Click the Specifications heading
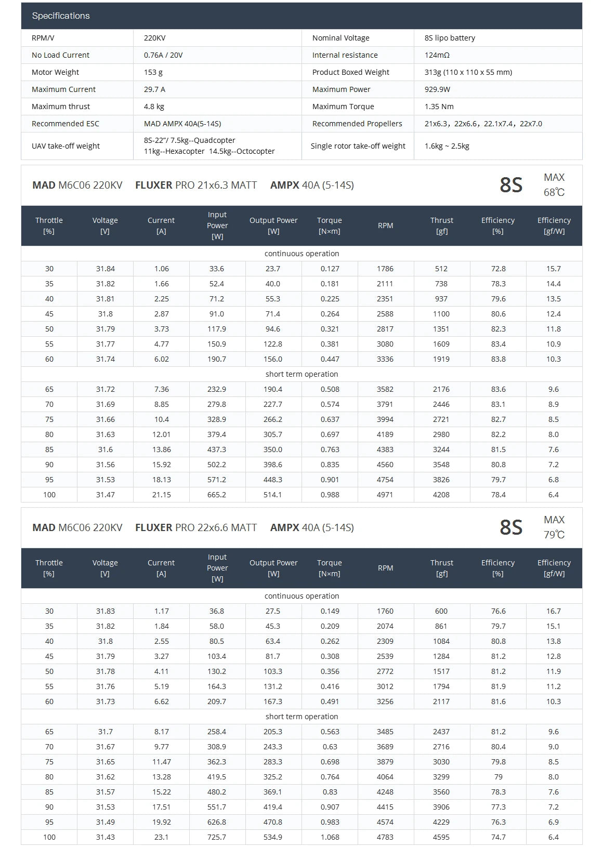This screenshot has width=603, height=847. tap(61, 16)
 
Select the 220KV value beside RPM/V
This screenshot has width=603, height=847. tap(155, 38)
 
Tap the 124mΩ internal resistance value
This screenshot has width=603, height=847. tap(437, 55)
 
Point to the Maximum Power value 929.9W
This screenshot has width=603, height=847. tap(437, 89)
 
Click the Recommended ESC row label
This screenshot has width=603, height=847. tap(65, 124)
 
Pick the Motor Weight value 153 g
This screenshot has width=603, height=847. tap(153, 72)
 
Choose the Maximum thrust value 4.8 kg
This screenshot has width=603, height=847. tap(154, 107)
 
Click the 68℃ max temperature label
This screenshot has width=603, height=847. tap(554, 192)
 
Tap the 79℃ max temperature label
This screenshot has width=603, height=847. tap(554, 535)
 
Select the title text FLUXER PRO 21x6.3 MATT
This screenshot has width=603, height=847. tap(196, 185)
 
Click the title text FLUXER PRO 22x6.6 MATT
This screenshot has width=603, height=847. tap(196, 527)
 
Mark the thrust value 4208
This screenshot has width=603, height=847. tap(441, 495)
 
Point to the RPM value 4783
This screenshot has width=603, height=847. tap(385, 837)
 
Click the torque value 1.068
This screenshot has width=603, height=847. tap(330, 837)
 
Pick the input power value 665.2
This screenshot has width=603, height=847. tap(217, 495)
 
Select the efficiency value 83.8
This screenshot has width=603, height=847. tap(498, 359)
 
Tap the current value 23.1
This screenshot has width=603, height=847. tap(161, 837)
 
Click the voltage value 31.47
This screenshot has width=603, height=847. tap(105, 495)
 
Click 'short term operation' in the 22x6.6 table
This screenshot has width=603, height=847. tap(301, 717)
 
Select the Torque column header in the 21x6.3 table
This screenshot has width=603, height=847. tap(330, 226)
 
